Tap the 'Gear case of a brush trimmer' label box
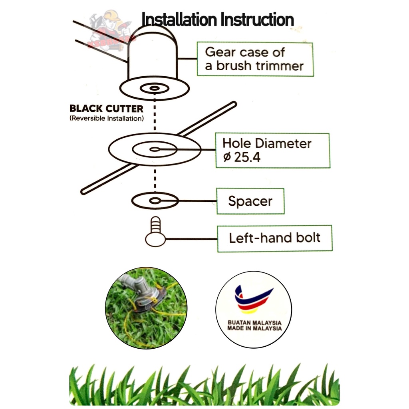click(255, 59)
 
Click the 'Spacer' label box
click(250, 201)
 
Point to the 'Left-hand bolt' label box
click(274, 238)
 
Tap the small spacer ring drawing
click(154, 201)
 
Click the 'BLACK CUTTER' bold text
click(106, 109)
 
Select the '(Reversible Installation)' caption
click(106, 118)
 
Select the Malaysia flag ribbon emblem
click(253, 300)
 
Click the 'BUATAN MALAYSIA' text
click(254, 322)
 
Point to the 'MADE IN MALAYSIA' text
click(254, 328)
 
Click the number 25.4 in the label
click(246, 157)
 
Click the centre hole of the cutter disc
click(154, 150)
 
